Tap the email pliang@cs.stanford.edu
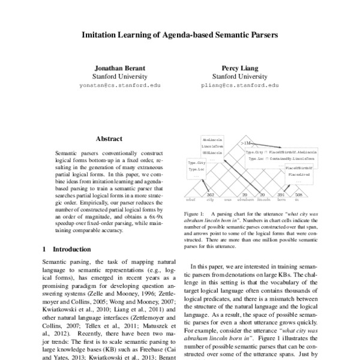coord(239,86)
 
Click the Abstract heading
coord(109,139)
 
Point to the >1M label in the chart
coord(244,143)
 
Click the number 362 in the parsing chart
coord(211,194)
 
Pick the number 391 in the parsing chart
coord(280,194)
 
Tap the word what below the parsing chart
coord(191,199)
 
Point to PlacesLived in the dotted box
coord(299,175)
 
